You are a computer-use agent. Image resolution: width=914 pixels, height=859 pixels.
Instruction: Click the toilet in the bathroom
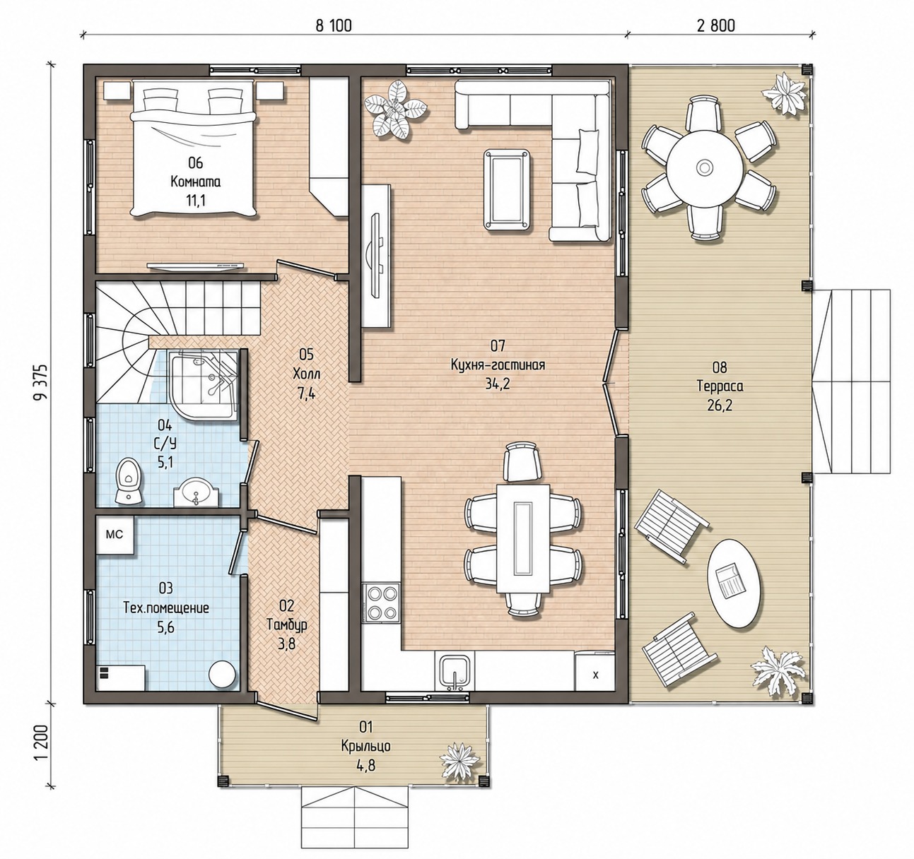[129, 481]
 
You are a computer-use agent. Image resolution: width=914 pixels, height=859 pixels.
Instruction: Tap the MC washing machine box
[115, 534]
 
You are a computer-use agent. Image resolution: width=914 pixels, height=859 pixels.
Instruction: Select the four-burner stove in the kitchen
[380, 603]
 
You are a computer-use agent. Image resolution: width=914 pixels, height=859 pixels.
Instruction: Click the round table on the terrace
[704, 167]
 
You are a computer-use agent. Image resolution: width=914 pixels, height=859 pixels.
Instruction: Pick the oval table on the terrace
[733, 583]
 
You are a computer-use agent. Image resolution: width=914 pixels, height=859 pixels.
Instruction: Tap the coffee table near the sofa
[506, 189]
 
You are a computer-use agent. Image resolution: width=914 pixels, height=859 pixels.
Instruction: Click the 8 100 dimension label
[334, 25]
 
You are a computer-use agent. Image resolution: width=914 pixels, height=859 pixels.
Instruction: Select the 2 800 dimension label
[716, 25]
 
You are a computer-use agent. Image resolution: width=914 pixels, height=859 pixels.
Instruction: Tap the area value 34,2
[498, 384]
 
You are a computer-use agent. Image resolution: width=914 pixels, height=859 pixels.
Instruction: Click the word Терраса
[720, 386]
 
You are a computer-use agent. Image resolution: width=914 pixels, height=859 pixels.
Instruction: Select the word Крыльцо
[366, 746]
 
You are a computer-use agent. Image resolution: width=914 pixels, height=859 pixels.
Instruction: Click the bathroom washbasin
[196, 493]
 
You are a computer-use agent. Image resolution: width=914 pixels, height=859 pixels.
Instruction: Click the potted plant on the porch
[459, 761]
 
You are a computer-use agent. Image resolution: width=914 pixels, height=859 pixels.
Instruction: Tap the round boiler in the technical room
[223, 675]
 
